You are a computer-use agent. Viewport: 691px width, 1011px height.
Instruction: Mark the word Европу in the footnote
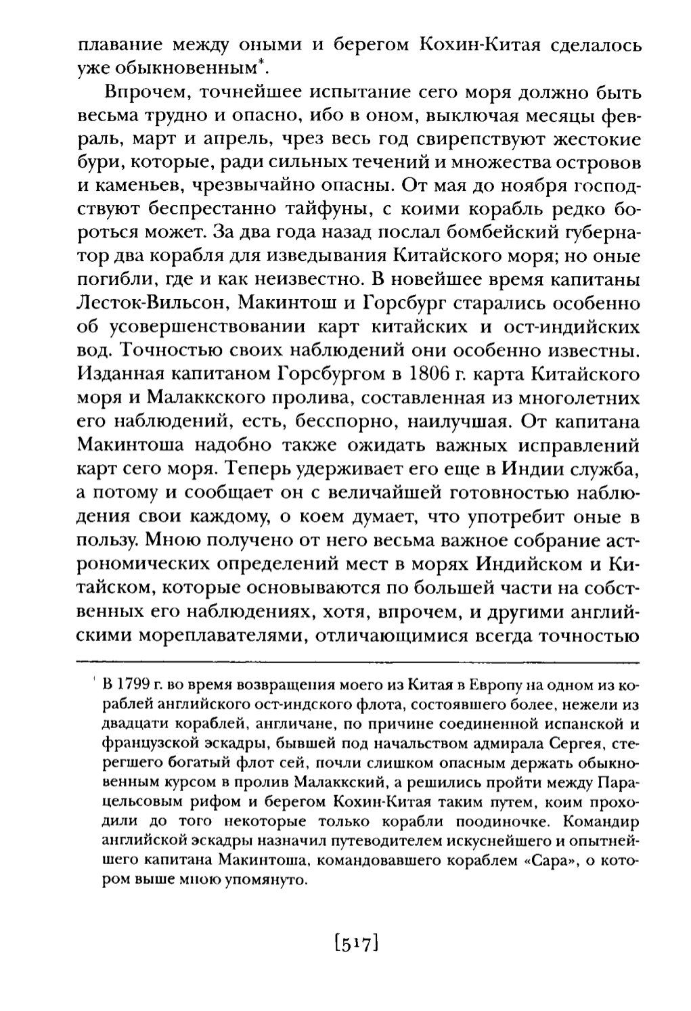(457, 681)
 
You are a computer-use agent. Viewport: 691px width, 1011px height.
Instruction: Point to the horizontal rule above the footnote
(358, 660)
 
